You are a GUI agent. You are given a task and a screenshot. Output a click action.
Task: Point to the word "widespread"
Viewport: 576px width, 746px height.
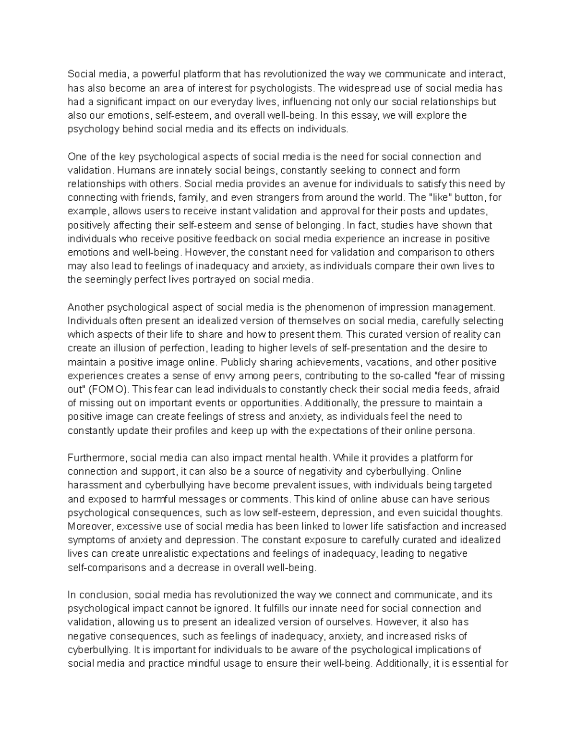click(360, 88)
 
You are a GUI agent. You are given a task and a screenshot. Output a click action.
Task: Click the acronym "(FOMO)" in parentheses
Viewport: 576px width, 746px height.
click(104, 390)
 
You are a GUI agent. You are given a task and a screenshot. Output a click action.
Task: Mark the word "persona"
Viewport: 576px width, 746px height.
click(454, 431)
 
